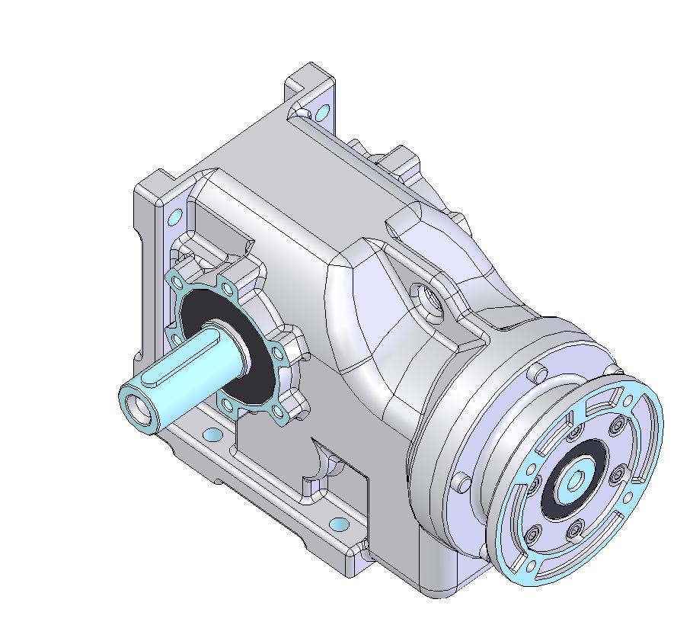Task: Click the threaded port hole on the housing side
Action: (427, 298)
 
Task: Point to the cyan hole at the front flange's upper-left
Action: (174, 217)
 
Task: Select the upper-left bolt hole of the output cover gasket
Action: (178, 283)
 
